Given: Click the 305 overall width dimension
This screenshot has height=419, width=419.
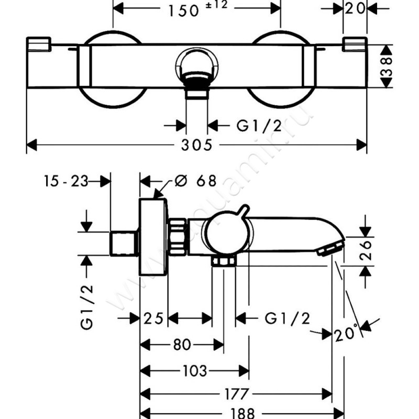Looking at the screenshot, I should tap(197, 146).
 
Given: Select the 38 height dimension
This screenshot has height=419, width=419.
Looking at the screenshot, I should tap(387, 67).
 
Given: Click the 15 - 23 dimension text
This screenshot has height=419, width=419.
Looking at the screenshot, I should tap(65, 181).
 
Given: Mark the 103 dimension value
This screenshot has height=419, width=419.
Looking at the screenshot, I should tap(195, 371).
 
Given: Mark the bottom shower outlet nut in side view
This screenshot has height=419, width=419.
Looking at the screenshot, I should tap(224, 260).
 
